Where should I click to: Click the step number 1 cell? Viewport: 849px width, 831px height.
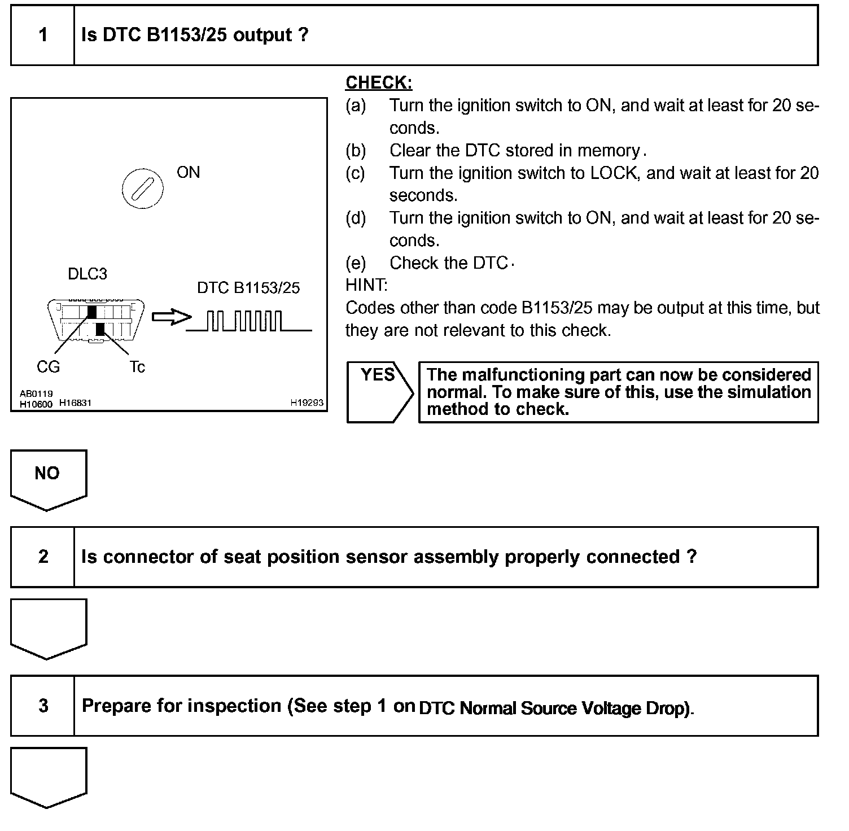[x=43, y=35]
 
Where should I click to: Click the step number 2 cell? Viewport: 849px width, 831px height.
[x=43, y=557]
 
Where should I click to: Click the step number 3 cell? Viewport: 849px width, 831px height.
[x=43, y=706]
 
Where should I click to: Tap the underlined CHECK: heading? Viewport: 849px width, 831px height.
[x=379, y=83]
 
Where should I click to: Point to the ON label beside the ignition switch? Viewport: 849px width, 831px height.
[x=188, y=172]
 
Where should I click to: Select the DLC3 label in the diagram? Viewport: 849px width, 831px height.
[x=87, y=274]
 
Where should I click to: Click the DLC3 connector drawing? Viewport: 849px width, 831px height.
[x=96, y=320]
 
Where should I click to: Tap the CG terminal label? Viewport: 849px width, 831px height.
[x=48, y=367]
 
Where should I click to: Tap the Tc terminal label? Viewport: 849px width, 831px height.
[x=137, y=367]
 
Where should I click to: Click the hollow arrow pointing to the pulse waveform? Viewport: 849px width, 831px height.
[x=171, y=317]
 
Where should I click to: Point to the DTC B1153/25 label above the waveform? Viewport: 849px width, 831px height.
[x=248, y=288]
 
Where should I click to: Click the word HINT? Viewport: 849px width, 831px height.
[x=366, y=285]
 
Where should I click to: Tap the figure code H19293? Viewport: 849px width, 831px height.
[x=307, y=403]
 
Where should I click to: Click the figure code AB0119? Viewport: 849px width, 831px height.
[x=36, y=393]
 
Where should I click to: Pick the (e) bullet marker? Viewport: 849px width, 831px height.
[x=356, y=263]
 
